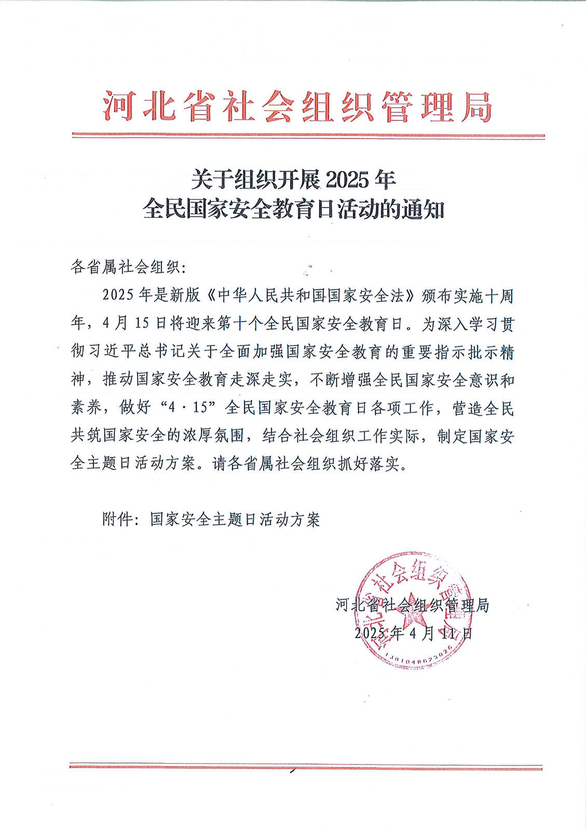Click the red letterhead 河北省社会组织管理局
(x=297, y=107)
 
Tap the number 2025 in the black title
(x=347, y=180)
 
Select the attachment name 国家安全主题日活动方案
(x=235, y=519)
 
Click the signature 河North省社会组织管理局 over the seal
(x=412, y=605)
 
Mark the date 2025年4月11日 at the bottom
(x=413, y=633)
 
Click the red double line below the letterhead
(x=308, y=136)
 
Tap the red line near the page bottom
(x=306, y=767)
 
